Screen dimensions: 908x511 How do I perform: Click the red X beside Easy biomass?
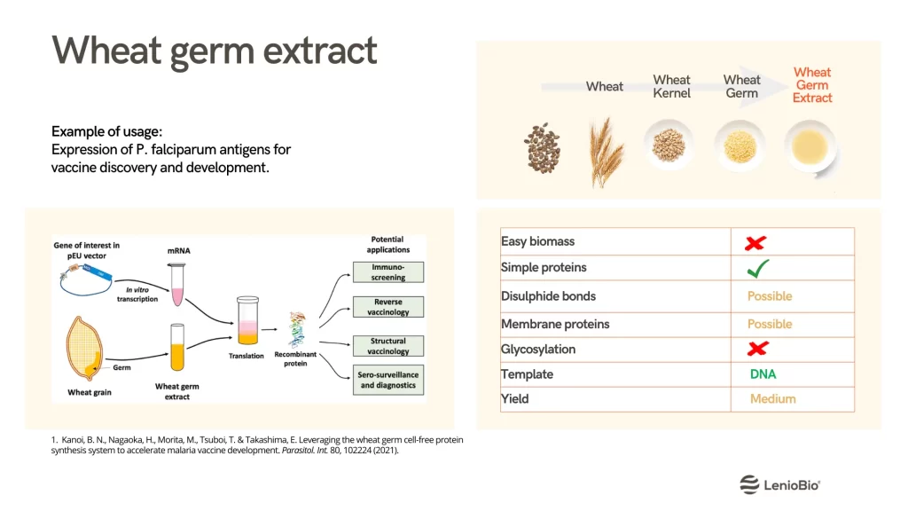coord(755,243)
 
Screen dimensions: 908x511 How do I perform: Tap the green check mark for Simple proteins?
coord(757,268)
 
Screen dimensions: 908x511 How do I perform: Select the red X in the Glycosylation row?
coord(757,348)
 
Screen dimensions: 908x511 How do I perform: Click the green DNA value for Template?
coord(763,374)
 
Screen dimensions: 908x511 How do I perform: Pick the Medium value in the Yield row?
coord(772,398)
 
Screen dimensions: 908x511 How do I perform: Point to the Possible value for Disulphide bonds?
coord(770,296)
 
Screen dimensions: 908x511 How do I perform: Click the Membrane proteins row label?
coord(555,324)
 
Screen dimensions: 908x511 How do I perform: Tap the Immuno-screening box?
coord(388,272)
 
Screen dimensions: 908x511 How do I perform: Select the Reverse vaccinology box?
coord(388,307)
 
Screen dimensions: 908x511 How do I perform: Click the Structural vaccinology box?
coord(388,346)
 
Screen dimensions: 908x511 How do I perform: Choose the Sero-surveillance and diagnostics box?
coord(388,380)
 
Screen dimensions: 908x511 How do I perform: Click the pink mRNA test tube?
coord(177,285)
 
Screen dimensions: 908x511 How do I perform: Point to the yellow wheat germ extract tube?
coord(177,347)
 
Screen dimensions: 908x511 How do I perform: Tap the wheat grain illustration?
coord(84,348)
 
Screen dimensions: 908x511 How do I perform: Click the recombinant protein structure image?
coord(297,329)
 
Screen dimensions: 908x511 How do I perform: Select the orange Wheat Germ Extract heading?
coord(812,85)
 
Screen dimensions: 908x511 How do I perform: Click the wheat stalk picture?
coord(606,152)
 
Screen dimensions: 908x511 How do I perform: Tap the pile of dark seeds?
coord(543,148)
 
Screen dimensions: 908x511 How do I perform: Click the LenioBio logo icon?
coord(749,484)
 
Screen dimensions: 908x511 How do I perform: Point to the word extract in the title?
coord(319,51)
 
